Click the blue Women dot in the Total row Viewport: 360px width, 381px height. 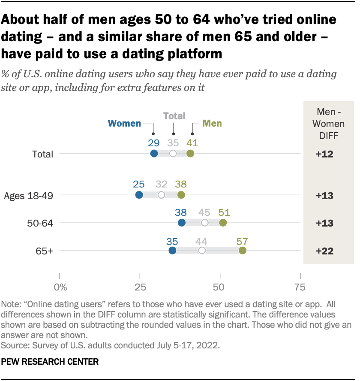[x=154, y=154]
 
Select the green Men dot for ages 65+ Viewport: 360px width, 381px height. [x=243, y=251]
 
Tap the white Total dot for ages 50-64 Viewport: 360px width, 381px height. [x=205, y=223]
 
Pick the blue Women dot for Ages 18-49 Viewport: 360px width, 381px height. [x=139, y=195]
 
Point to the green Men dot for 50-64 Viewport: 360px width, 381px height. [x=223, y=223]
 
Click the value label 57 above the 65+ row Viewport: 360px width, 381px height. [x=243, y=241]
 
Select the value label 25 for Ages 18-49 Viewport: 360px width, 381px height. [x=139, y=185]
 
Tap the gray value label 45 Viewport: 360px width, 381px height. [x=204, y=213]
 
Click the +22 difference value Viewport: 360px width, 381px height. [x=324, y=251]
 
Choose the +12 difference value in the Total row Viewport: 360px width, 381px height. [x=324, y=154]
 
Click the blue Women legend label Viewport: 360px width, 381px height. [x=124, y=124]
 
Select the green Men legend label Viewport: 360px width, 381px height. [x=212, y=124]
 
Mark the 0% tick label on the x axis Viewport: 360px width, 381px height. [x=60, y=287]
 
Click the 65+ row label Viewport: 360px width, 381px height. [x=45, y=251]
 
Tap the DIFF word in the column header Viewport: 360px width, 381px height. [x=325, y=135]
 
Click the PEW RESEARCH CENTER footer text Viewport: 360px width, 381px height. [x=50, y=362]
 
